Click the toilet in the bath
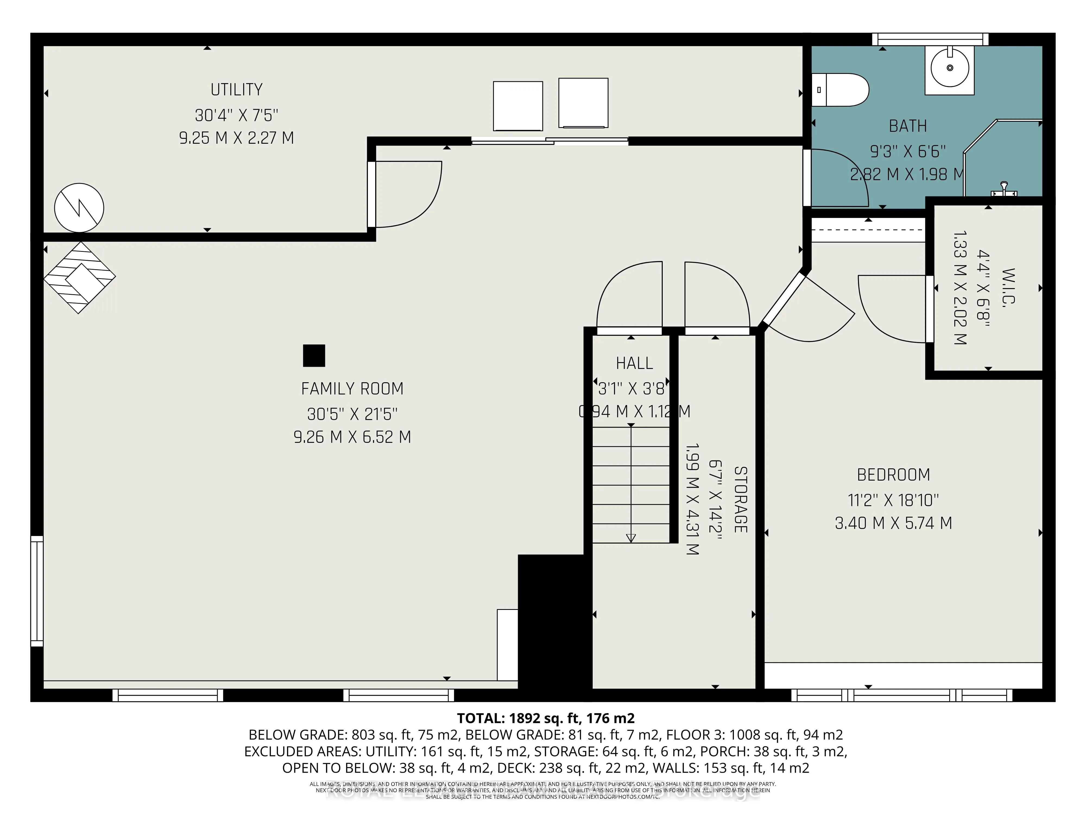tap(839, 90)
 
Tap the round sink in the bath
tap(949, 68)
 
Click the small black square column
tap(314, 356)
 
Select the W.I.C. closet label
tap(1008, 288)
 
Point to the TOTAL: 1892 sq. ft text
tap(545, 718)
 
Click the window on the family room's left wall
tap(37, 591)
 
